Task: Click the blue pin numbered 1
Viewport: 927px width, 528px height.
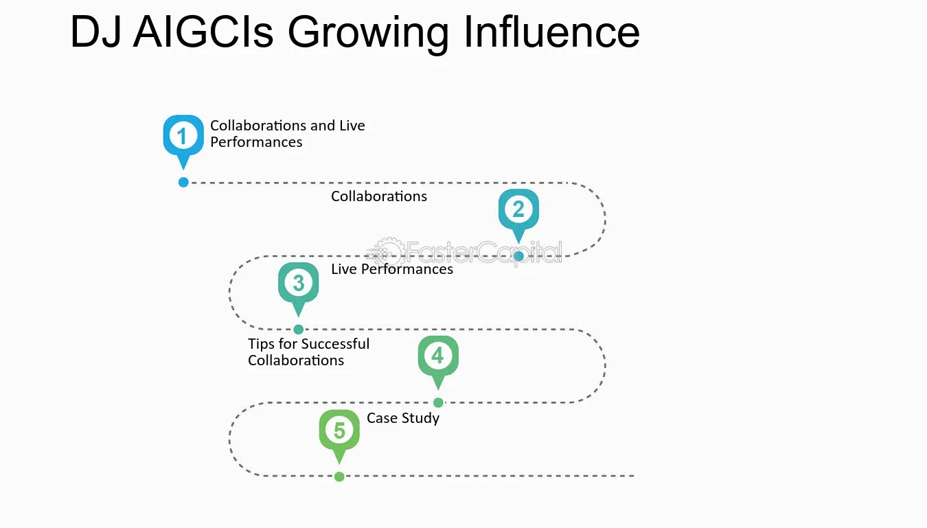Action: click(x=183, y=139)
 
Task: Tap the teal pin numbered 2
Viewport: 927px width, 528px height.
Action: click(x=518, y=212)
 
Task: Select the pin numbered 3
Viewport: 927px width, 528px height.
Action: click(x=299, y=286)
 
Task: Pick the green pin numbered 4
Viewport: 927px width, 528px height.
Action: click(x=438, y=359)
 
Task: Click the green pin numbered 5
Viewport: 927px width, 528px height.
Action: click(x=339, y=433)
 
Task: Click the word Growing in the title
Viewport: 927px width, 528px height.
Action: click(x=368, y=33)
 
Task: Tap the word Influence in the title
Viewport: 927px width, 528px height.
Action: click(x=552, y=32)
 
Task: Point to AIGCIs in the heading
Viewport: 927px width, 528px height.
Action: click(x=203, y=32)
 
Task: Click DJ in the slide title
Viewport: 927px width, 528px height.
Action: click(x=95, y=32)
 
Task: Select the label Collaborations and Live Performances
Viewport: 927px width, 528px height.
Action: click(x=288, y=134)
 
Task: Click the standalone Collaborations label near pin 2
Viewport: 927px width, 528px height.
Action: click(x=379, y=196)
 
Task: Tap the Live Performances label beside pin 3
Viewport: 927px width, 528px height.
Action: click(x=392, y=269)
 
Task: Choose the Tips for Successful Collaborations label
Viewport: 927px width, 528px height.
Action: click(x=309, y=352)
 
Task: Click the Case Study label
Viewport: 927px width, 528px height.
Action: click(x=403, y=418)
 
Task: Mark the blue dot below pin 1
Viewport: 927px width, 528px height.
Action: click(x=183, y=182)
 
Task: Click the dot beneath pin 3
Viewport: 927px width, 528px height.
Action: click(x=299, y=330)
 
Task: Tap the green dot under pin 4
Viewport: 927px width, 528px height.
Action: click(x=438, y=402)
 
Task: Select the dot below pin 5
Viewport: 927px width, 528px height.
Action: click(x=339, y=477)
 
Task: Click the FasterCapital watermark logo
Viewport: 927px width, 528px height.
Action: click(x=464, y=252)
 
